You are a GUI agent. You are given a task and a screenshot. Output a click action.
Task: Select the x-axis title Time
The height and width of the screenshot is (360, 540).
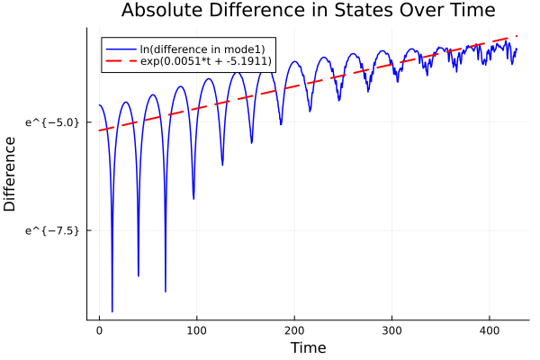308,347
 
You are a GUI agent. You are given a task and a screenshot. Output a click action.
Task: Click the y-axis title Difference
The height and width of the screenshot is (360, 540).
11,174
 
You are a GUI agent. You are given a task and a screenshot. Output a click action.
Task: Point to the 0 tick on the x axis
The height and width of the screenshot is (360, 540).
99,330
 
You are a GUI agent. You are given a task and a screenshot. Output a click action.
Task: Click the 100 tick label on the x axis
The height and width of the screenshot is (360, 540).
196,330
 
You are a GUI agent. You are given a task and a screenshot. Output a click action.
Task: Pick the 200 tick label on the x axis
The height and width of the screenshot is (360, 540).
293,330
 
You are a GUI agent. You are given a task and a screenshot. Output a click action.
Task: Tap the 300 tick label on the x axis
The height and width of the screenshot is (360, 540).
391,330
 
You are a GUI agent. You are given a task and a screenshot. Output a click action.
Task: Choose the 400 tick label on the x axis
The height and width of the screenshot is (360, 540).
489,330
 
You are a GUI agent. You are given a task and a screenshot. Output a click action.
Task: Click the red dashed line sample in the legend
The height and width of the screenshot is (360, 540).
121,61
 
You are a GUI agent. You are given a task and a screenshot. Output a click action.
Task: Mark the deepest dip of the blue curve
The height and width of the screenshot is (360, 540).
112,311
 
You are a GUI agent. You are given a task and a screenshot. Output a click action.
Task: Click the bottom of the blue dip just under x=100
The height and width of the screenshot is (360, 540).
193,198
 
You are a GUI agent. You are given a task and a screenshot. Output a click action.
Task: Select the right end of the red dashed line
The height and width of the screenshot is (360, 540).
517,36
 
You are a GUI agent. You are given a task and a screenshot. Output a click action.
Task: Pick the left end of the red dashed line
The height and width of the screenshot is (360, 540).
99,130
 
